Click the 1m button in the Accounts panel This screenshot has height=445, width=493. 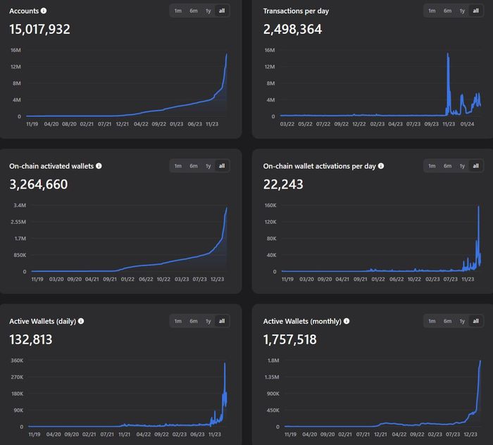click(177, 11)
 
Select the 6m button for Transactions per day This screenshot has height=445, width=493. click(447, 11)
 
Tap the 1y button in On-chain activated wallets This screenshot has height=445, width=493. click(208, 165)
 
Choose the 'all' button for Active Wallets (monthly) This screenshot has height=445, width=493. click(475, 321)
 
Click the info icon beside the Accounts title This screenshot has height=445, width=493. click(44, 11)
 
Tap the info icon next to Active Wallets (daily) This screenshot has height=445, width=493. click(81, 321)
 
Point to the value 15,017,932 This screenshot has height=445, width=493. click(39, 29)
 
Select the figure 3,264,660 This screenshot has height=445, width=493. click(39, 184)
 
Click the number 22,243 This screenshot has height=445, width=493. click(283, 184)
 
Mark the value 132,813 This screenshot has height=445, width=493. click(31, 339)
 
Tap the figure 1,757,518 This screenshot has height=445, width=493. click(290, 339)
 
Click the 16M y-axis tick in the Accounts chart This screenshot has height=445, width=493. click(15, 50)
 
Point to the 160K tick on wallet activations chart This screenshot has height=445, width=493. click(270, 206)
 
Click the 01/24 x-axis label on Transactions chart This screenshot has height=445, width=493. click(468, 124)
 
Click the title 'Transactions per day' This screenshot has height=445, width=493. click(296, 11)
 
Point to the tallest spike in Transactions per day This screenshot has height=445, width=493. click(448, 54)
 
